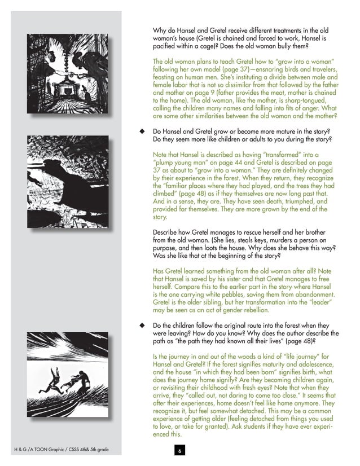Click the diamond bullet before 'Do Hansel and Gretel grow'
[142, 131]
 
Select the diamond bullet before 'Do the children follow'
[142, 326]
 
